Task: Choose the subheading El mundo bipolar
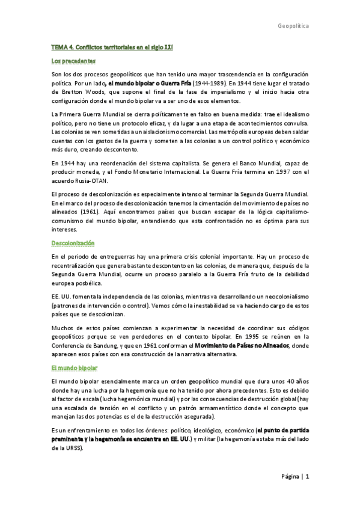pyautogui.click(x=75, y=367)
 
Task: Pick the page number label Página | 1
pyautogui.click(x=294, y=476)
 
